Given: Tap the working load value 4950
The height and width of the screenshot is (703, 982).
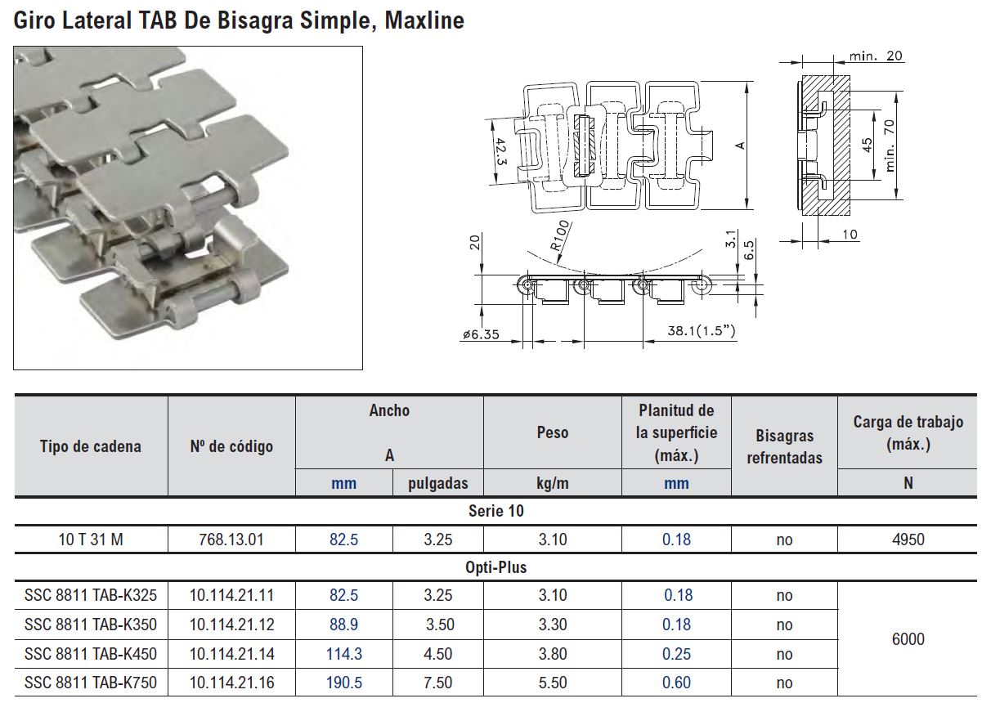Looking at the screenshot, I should (x=908, y=540).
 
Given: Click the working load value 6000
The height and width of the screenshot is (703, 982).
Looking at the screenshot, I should (x=908, y=639).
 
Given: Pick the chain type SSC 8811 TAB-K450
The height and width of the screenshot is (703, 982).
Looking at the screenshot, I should (x=91, y=654).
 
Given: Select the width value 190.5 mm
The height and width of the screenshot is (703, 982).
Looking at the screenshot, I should (x=343, y=683).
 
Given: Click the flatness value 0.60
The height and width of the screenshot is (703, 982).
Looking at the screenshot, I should (x=676, y=683).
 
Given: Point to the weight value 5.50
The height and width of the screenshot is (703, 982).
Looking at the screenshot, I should (x=552, y=683).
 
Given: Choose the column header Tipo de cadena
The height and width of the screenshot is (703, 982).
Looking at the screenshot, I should (x=91, y=446).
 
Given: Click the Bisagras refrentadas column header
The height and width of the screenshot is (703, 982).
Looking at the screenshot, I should (x=784, y=447).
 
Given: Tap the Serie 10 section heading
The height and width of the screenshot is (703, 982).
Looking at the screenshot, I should (x=495, y=511).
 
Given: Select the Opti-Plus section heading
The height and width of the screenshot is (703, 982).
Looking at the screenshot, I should (x=495, y=566).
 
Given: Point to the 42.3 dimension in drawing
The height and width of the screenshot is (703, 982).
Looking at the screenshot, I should (x=500, y=151).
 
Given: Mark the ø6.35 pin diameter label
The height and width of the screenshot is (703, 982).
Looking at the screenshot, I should (x=480, y=334).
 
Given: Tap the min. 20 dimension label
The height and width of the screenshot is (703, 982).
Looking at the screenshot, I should (x=876, y=56).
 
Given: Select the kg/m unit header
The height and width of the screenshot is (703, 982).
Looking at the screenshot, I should (x=552, y=483).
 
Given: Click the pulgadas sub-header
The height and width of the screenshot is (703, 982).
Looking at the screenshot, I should (x=438, y=483).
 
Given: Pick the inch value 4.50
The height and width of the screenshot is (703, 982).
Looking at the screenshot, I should (x=438, y=654).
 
